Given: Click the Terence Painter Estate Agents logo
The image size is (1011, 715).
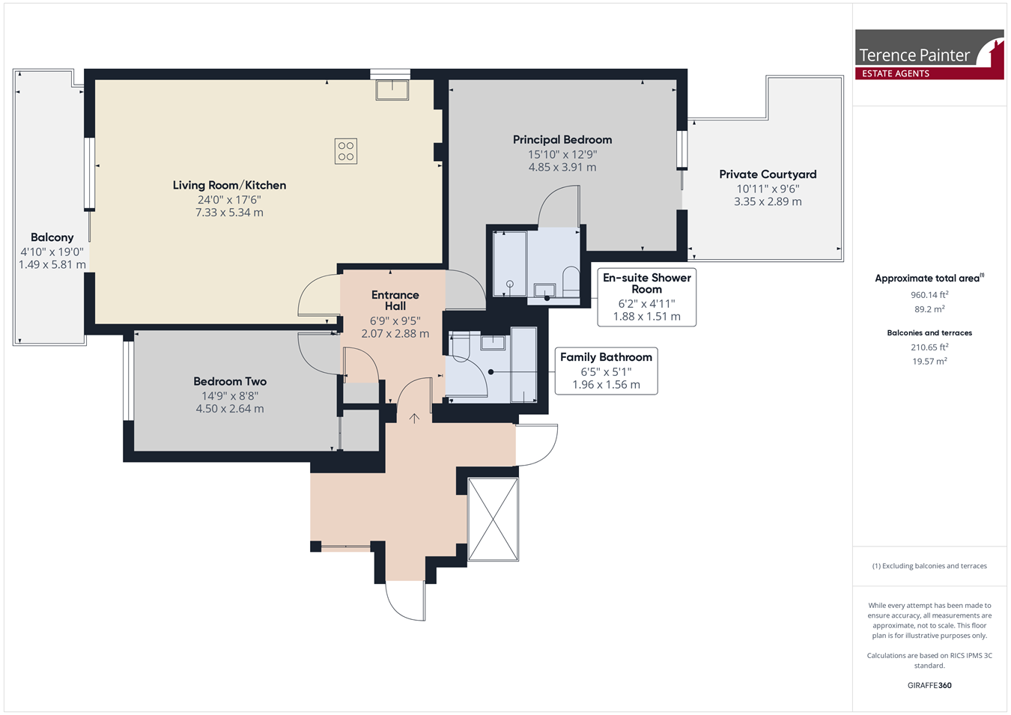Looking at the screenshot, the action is [929, 55].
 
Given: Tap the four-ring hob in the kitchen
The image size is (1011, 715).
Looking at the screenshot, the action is [346, 151].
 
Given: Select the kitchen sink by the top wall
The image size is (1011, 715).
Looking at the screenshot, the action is [392, 90].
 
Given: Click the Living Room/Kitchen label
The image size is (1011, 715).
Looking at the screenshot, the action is [229, 186].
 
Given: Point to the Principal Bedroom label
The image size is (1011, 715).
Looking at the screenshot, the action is [562, 140].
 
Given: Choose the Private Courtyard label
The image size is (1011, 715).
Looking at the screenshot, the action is [768, 174].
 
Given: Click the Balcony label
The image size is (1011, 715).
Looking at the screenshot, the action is [52, 237].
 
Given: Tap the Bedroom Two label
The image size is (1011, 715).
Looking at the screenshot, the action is [230, 382].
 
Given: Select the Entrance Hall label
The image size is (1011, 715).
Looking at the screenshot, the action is [395, 300].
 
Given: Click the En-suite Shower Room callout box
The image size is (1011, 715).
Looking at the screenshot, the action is [647, 297].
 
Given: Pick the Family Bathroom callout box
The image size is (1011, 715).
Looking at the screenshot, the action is [606, 371].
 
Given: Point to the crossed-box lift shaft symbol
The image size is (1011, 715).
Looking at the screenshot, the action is [494, 520].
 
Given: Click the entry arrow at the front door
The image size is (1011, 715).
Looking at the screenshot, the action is [414, 419].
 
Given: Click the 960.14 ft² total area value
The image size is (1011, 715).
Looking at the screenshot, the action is [929, 294].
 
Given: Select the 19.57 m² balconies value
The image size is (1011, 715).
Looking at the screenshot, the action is [929, 361].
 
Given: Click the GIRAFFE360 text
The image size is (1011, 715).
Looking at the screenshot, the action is [929, 685].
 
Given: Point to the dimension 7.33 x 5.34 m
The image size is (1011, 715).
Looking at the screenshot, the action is [229, 213].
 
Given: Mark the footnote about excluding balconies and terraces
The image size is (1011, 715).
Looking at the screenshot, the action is [929, 566].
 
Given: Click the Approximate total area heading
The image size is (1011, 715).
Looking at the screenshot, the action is [929, 278].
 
